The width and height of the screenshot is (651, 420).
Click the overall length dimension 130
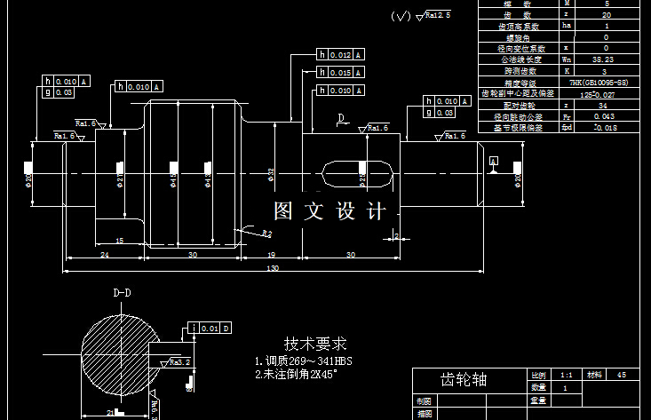pos(272,267)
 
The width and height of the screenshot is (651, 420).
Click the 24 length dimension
pos(104,255)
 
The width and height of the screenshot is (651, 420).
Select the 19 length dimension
pos(270,255)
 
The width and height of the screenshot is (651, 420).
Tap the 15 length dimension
pos(120,241)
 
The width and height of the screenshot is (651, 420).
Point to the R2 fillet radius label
pos(266,233)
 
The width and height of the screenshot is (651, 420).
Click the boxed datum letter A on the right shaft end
pos(494,161)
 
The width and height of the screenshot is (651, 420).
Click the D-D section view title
pos(122,292)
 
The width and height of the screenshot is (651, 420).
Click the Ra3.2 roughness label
pos(179,362)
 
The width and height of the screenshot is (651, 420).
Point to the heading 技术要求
pos(315,344)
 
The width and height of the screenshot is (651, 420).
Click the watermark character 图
pos(283,211)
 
